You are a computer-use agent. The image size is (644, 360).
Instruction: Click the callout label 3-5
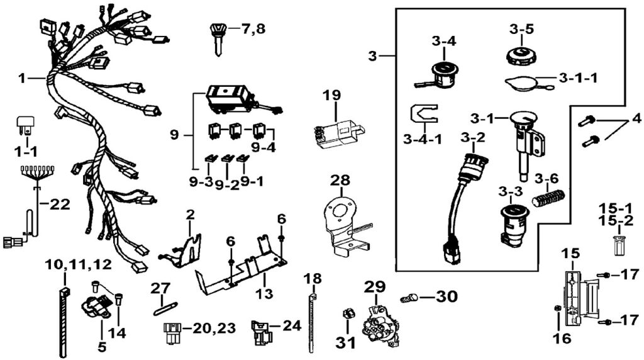(522, 29)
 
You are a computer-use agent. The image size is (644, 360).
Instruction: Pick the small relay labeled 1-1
(26, 126)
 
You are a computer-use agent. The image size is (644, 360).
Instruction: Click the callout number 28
(340, 181)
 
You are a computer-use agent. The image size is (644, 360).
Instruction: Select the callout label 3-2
(472, 137)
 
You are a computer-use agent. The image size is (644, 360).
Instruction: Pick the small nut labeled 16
(558, 308)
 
